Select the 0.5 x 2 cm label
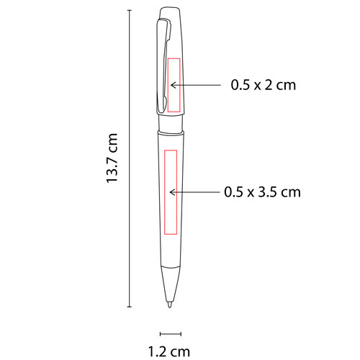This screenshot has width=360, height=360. point(264,85)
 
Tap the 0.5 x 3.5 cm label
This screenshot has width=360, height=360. point(262,192)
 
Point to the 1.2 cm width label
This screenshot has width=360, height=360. point(170,352)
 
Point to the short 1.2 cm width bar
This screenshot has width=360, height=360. point(170,333)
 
